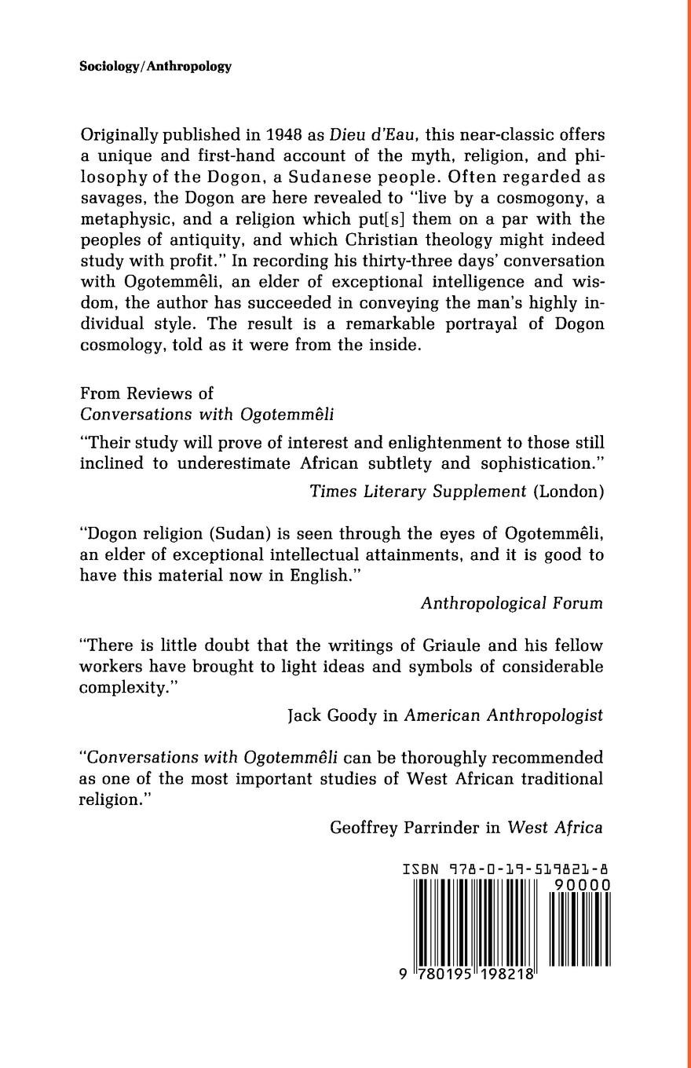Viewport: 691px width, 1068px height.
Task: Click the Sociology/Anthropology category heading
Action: pyautogui.click(x=155, y=67)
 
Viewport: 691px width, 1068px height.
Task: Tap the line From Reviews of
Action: pyautogui.click(x=147, y=393)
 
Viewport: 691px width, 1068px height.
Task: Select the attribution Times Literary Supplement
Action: pyautogui.click(x=418, y=492)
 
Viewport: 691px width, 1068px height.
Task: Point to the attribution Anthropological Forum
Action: pyautogui.click(x=511, y=603)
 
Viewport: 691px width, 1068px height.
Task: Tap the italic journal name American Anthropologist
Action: pyautogui.click(x=503, y=715)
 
